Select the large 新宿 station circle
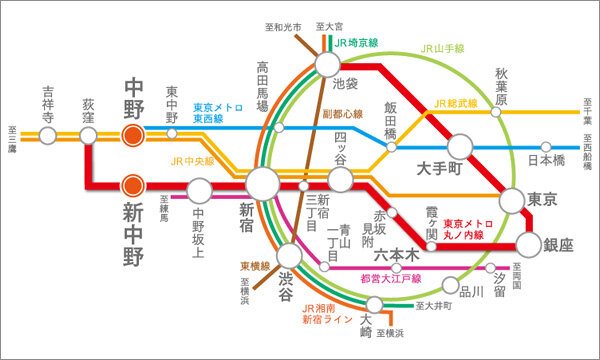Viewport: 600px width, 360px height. (263, 183)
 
